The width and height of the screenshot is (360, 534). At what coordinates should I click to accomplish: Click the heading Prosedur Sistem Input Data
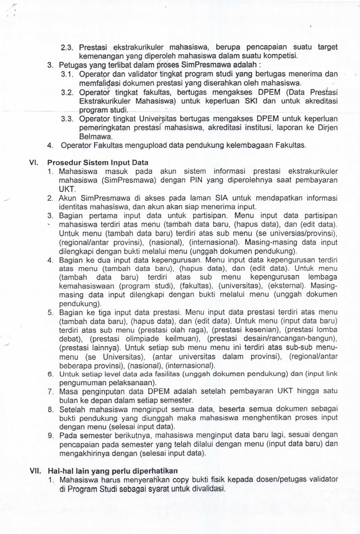(x=98, y=163)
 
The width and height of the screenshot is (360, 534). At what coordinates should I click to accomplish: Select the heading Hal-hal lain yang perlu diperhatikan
(x=113, y=471)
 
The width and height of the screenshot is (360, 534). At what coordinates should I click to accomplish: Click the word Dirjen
(x=329, y=128)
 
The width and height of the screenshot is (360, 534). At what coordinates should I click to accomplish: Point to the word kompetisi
(x=282, y=56)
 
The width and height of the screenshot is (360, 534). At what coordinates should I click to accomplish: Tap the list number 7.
(x=50, y=391)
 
